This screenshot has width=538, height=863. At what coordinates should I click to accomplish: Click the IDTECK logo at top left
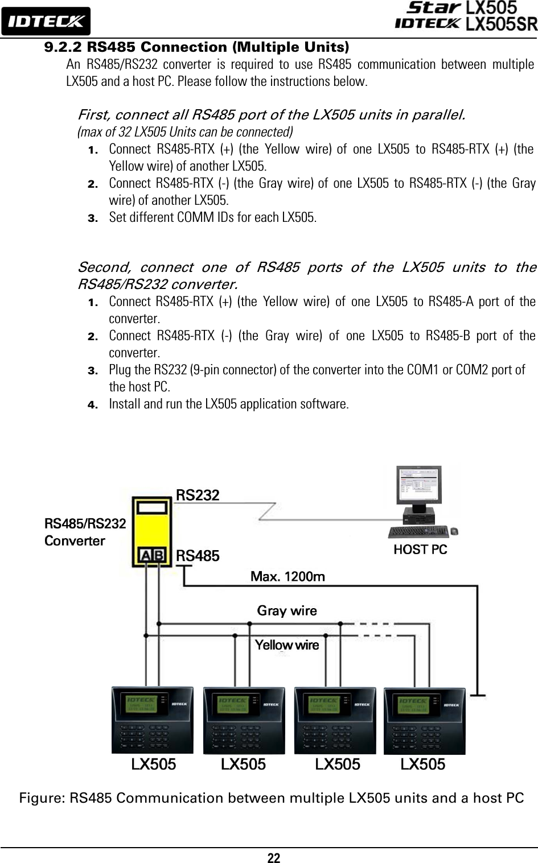46,22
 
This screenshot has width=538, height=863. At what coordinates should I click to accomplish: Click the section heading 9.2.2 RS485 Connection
196,46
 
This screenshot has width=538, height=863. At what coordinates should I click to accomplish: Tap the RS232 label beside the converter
198,495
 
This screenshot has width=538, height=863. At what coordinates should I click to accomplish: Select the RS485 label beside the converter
198,556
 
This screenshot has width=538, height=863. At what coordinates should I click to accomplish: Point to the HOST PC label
420,550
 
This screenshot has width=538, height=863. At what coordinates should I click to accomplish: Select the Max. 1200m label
288,577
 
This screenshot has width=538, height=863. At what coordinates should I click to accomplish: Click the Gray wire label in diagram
287,611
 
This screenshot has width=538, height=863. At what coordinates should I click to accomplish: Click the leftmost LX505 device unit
152,720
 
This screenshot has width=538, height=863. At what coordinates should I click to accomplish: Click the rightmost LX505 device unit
424,720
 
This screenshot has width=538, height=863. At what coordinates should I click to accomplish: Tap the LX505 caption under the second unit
243,765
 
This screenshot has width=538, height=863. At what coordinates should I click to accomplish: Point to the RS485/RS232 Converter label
85,531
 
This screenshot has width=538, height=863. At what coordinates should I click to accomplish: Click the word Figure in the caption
41,798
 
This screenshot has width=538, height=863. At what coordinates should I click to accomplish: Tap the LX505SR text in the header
501,24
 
